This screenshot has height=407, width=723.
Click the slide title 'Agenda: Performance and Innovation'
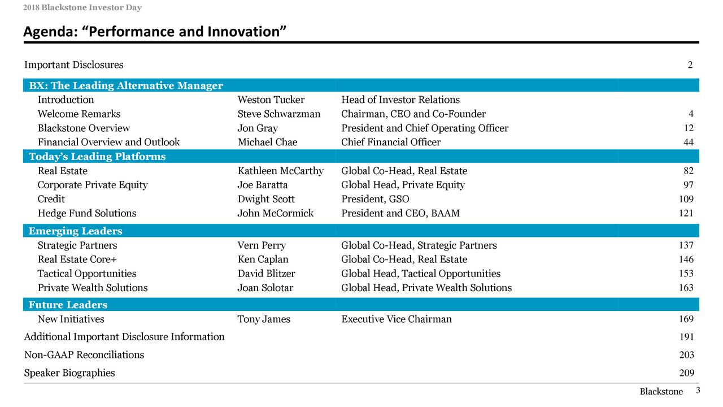point(153,32)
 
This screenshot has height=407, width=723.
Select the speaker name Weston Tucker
point(271,100)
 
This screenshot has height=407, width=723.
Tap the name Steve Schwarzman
point(279,114)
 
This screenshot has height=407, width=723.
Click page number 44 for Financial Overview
point(688,142)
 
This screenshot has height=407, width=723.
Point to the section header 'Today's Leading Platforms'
point(97,157)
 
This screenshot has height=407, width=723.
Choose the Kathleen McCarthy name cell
point(281,171)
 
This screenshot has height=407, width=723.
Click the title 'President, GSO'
point(376,199)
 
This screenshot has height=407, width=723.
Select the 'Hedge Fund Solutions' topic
point(87,213)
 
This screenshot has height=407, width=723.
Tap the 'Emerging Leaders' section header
point(76,231)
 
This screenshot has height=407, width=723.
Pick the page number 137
point(686,245)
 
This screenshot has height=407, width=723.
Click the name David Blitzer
point(267,274)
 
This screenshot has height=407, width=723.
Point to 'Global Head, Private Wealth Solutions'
point(426,288)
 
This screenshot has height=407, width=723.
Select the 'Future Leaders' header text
point(68,305)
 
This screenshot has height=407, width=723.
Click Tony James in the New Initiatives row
point(264,319)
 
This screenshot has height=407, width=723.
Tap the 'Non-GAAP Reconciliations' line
point(84,355)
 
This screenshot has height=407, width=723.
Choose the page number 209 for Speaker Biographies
point(686,373)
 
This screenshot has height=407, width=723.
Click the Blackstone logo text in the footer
point(661,392)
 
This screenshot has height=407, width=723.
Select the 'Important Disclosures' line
point(73,65)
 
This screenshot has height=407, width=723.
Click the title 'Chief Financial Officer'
point(391,142)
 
